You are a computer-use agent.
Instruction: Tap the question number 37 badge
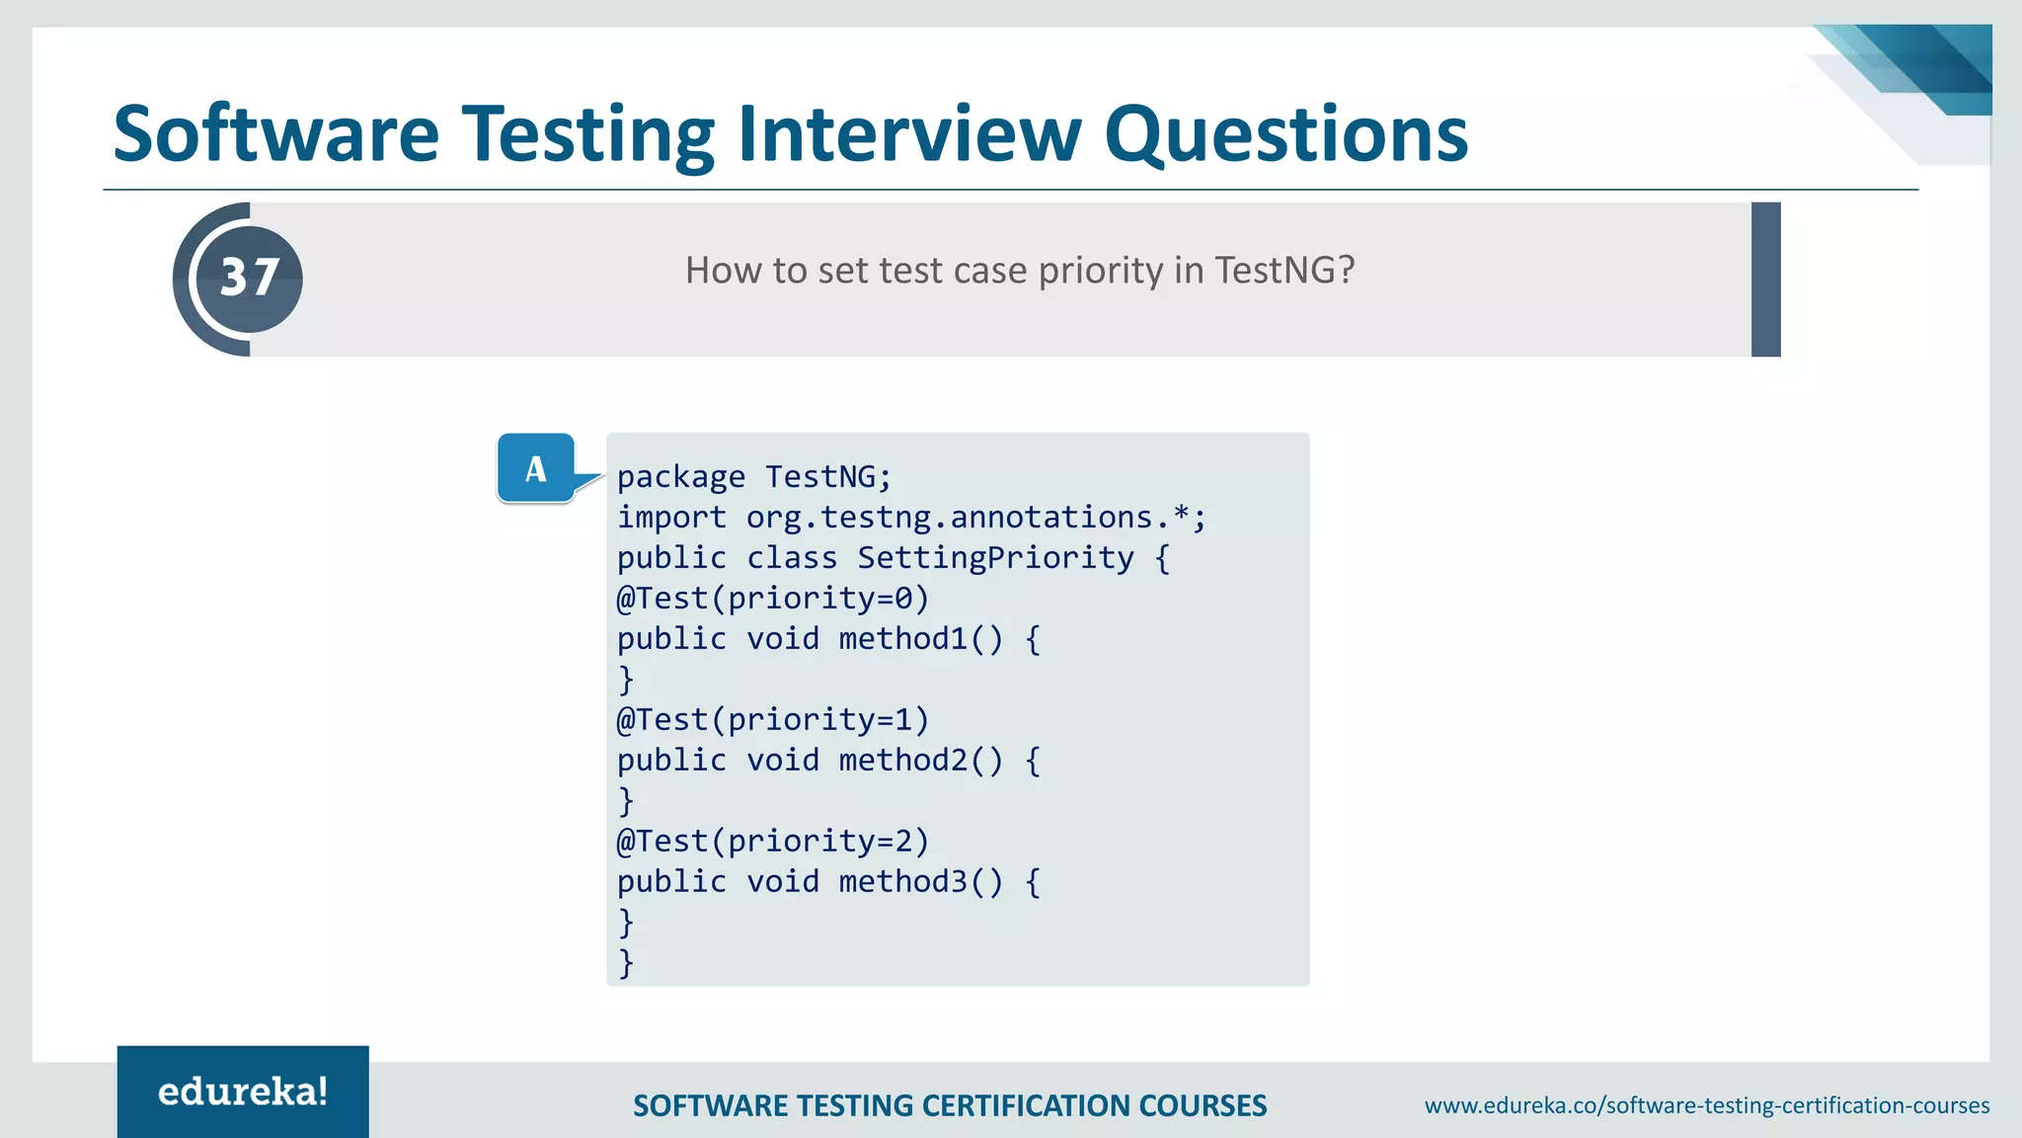click(x=249, y=279)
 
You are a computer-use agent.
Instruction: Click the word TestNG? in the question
click(x=1283, y=271)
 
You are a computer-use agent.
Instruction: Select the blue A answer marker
click(x=536, y=468)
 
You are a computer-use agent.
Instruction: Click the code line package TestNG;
click(x=754, y=477)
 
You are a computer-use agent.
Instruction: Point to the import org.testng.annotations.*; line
click(x=910, y=518)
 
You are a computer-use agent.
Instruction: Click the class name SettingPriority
click(x=995, y=558)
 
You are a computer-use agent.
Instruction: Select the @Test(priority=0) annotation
click(x=773, y=599)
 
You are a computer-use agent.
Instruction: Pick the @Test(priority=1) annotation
click(x=773, y=720)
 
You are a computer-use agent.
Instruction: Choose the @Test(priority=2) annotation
click(x=773, y=842)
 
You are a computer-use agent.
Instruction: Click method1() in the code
click(x=920, y=639)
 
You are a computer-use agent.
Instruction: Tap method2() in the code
click(x=920, y=761)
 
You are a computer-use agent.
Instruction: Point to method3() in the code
click(x=920, y=882)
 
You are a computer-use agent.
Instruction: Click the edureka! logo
click(x=243, y=1092)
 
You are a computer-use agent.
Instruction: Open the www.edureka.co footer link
click(x=1706, y=1105)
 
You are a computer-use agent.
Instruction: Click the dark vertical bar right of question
click(x=1765, y=280)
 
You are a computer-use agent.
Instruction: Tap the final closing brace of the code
click(x=626, y=962)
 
